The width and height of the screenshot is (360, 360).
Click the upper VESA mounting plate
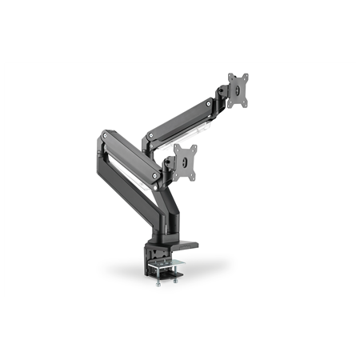tap(238, 89)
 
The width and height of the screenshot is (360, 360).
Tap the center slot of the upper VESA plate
tap(238, 89)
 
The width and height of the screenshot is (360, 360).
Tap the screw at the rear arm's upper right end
tap(210, 103)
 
